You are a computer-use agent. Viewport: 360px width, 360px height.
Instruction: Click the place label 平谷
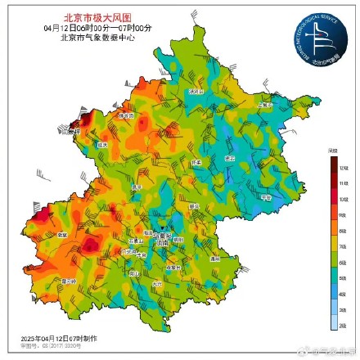click(263, 197)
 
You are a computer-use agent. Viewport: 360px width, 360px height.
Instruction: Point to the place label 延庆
click(102, 144)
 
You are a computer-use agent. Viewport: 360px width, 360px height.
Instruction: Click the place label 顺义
click(195, 206)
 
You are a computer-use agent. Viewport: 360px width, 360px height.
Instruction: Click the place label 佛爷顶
click(127, 117)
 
